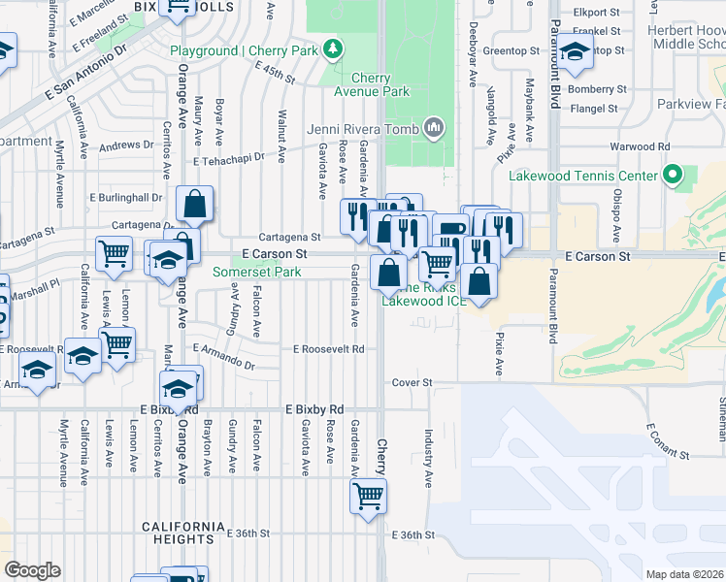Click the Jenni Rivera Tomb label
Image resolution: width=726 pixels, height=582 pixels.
(x=362, y=129)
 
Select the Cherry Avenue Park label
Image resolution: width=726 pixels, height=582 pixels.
(x=371, y=85)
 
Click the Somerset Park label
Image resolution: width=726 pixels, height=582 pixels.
(x=257, y=273)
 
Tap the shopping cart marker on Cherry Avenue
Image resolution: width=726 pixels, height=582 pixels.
(x=368, y=496)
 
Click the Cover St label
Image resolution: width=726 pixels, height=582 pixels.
(x=411, y=383)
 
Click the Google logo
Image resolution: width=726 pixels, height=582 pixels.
(x=32, y=570)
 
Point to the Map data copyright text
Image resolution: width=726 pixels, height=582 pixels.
(x=685, y=574)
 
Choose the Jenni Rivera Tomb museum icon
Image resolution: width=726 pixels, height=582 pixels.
(x=433, y=128)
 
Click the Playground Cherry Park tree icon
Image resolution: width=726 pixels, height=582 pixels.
(x=334, y=48)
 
